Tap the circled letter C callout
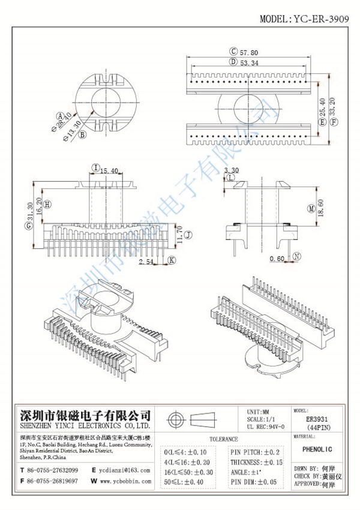click(x=233, y=52)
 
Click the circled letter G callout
click(x=28, y=226)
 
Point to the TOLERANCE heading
click(x=221, y=439)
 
